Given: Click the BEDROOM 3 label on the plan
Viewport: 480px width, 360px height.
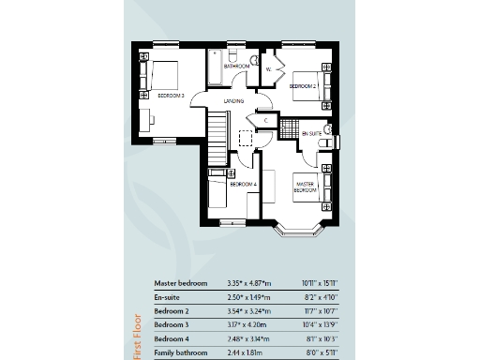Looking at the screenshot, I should [170, 96].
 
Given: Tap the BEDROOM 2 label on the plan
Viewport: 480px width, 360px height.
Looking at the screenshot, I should [302, 86].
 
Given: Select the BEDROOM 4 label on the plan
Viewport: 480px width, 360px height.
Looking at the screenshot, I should [243, 185].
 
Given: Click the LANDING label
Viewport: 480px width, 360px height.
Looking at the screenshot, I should [234, 100].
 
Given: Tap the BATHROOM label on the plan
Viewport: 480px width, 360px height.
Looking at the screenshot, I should [235, 67].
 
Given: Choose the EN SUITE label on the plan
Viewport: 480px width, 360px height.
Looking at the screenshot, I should [311, 134].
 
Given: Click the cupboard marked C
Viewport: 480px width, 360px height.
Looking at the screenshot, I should [267, 119].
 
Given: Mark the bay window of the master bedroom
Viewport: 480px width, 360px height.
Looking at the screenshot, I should [299, 231].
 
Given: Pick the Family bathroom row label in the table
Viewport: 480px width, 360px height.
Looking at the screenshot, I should [181, 352].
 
